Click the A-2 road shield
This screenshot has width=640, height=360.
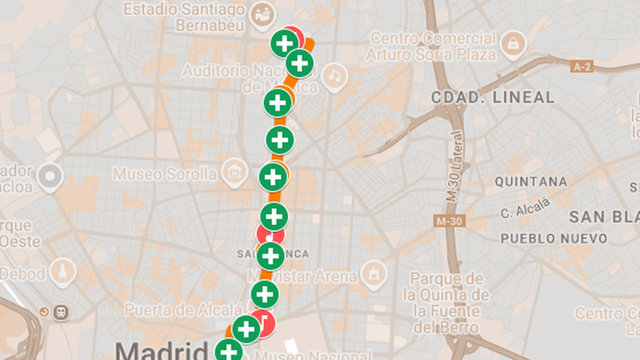(582, 66)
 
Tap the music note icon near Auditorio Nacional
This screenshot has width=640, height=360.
(334, 77)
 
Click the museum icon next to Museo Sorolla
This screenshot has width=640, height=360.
(234, 170)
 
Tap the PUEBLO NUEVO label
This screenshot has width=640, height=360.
(554, 238)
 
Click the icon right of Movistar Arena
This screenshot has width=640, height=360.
(375, 272)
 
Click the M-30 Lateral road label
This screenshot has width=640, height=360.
(456, 167)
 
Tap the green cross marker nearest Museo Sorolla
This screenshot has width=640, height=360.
(273, 177)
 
